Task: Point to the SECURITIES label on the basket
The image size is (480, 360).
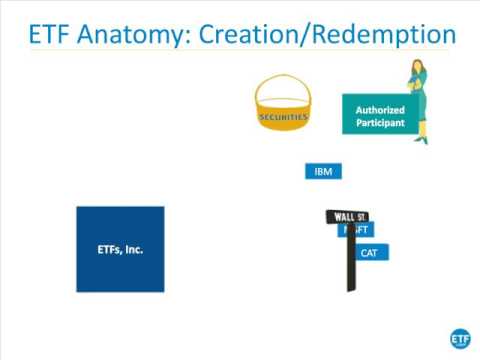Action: point(283,116)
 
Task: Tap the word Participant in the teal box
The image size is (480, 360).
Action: point(380,124)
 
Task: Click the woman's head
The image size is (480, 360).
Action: point(414,69)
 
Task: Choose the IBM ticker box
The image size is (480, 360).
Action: point(323,171)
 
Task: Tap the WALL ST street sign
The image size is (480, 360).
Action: point(347,216)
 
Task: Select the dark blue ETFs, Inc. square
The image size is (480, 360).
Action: point(120,249)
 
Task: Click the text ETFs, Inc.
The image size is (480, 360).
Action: point(120,249)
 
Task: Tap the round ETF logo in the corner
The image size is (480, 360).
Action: point(461,337)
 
